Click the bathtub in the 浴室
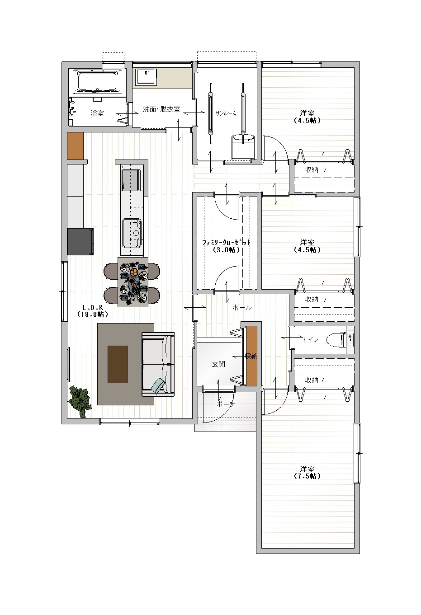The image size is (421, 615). pos(97,82)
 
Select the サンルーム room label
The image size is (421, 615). pos(226,113)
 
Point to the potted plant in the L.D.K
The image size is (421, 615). pos(80,401)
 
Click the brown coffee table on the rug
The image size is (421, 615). pos(117,364)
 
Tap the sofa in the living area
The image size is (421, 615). pos(158,364)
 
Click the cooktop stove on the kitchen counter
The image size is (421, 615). pos(131,180)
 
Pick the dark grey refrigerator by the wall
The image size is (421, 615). pos(80,241)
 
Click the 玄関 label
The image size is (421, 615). pos(218,364)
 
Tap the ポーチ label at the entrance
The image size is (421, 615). pos(226,404)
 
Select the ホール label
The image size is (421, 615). pos(242,308)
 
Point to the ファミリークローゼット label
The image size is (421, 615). pos(226,243)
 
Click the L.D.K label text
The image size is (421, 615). pos(92,308)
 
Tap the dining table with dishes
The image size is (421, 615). pos(133,282)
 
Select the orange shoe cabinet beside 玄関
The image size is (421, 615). pos(251,356)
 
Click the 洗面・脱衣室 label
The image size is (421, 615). pos(161,109)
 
